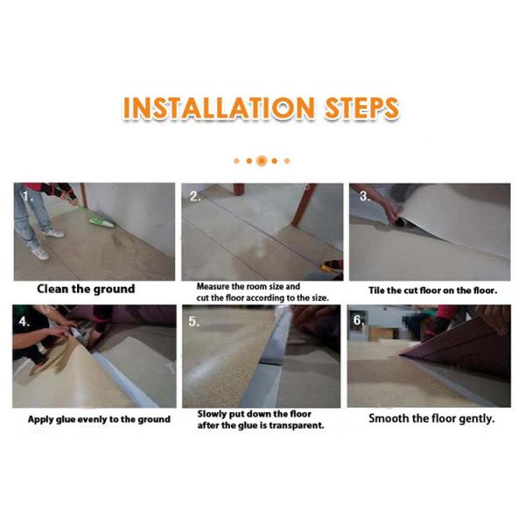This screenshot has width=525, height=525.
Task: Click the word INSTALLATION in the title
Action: click(220, 108)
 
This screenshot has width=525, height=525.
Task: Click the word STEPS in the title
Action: click(362, 108)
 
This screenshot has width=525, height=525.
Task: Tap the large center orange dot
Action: click(262, 161)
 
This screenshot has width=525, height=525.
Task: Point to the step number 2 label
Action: click(195, 196)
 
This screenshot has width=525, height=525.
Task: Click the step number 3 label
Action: click(365, 196)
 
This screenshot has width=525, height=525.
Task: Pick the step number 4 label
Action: click(24, 321)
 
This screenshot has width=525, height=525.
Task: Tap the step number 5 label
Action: click(194, 321)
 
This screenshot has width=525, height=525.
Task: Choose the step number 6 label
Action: click(359, 320)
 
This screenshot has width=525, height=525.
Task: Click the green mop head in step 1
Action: click(101, 223)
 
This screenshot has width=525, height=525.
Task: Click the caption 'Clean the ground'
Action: click(86, 289)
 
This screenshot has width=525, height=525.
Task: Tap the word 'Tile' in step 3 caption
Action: click(376, 290)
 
